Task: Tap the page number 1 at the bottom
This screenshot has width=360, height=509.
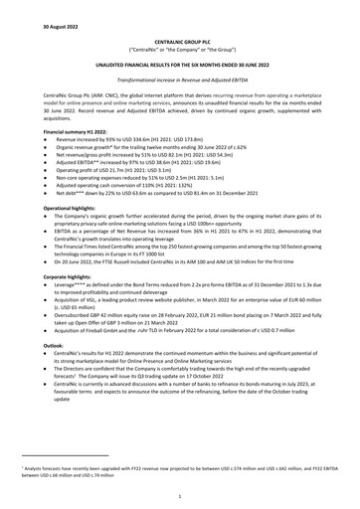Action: pos(180,493)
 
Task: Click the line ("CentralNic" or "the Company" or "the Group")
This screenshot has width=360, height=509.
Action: pos(180,48)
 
